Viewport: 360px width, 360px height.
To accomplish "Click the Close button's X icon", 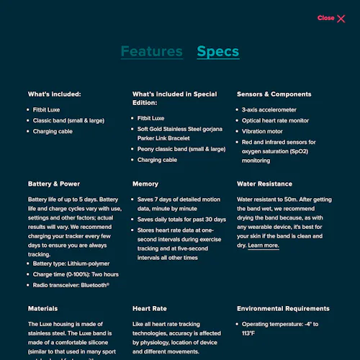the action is pyautogui.click(x=341, y=19).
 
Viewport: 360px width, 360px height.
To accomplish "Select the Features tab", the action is pyautogui.click(x=151, y=51).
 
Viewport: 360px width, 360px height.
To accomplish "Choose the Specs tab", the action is pyautogui.click(x=217, y=51).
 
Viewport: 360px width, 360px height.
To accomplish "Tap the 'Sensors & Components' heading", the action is pyautogui.click(x=274, y=94).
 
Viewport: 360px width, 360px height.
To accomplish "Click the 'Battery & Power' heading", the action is pyautogui.click(x=54, y=184).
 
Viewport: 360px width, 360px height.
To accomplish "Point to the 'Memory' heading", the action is pyautogui.click(x=145, y=184).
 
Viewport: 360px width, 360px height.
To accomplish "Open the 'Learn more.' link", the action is pyautogui.click(x=263, y=246).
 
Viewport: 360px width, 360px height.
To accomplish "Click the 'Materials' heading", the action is pyautogui.click(x=42, y=308).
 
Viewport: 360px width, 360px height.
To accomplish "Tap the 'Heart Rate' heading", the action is pyautogui.click(x=149, y=308).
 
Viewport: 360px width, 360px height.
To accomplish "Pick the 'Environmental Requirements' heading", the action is pyautogui.click(x=283, y=308).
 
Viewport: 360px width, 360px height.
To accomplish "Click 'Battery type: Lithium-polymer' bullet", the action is pyautogui.click(x=70, y=264).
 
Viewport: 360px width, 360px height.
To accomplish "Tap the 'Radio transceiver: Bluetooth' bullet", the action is pyautogui.click(x=71, y=285).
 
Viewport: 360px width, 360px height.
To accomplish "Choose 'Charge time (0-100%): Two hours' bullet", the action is pyautogui.click(x=76, y=274).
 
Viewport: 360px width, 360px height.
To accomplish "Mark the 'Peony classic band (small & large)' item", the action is pyautogui.click(x=181, y=149).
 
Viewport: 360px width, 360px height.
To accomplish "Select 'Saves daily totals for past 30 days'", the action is pyautogui.click(x=181, y=219).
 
